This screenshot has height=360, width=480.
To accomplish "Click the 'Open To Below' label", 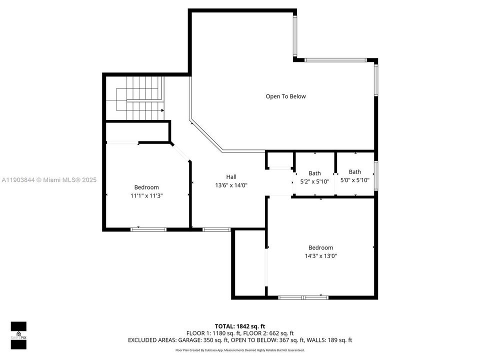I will (x=285, y=96).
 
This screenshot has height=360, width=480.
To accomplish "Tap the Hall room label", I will (x=231, y=176).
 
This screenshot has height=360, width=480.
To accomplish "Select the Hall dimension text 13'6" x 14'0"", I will (x=231, y=185).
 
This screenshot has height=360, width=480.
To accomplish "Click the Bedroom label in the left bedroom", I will (x=146, y=187).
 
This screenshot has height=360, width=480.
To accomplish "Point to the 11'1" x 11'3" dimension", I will (x=146, y=196).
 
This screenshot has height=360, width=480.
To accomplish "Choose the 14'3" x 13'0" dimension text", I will (x=320, y=256).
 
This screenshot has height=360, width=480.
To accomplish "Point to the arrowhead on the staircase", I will (x=162, y=110).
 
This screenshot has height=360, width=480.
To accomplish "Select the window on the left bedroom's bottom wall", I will (x=148, y=229).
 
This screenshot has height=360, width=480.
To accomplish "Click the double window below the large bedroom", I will (x=303, y=297).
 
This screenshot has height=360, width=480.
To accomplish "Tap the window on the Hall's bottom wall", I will (x=216, y=229).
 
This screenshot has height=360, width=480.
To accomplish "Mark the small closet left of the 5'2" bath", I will (x=279, y=161).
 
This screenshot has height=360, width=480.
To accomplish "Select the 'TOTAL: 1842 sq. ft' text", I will (x=240, y=326).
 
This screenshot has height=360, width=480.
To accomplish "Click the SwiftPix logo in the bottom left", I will (x=18, y=333).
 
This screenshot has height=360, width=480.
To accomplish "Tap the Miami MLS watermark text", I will (x=48, y=180).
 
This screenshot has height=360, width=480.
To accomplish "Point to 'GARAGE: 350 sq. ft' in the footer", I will (x=197, y=340).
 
